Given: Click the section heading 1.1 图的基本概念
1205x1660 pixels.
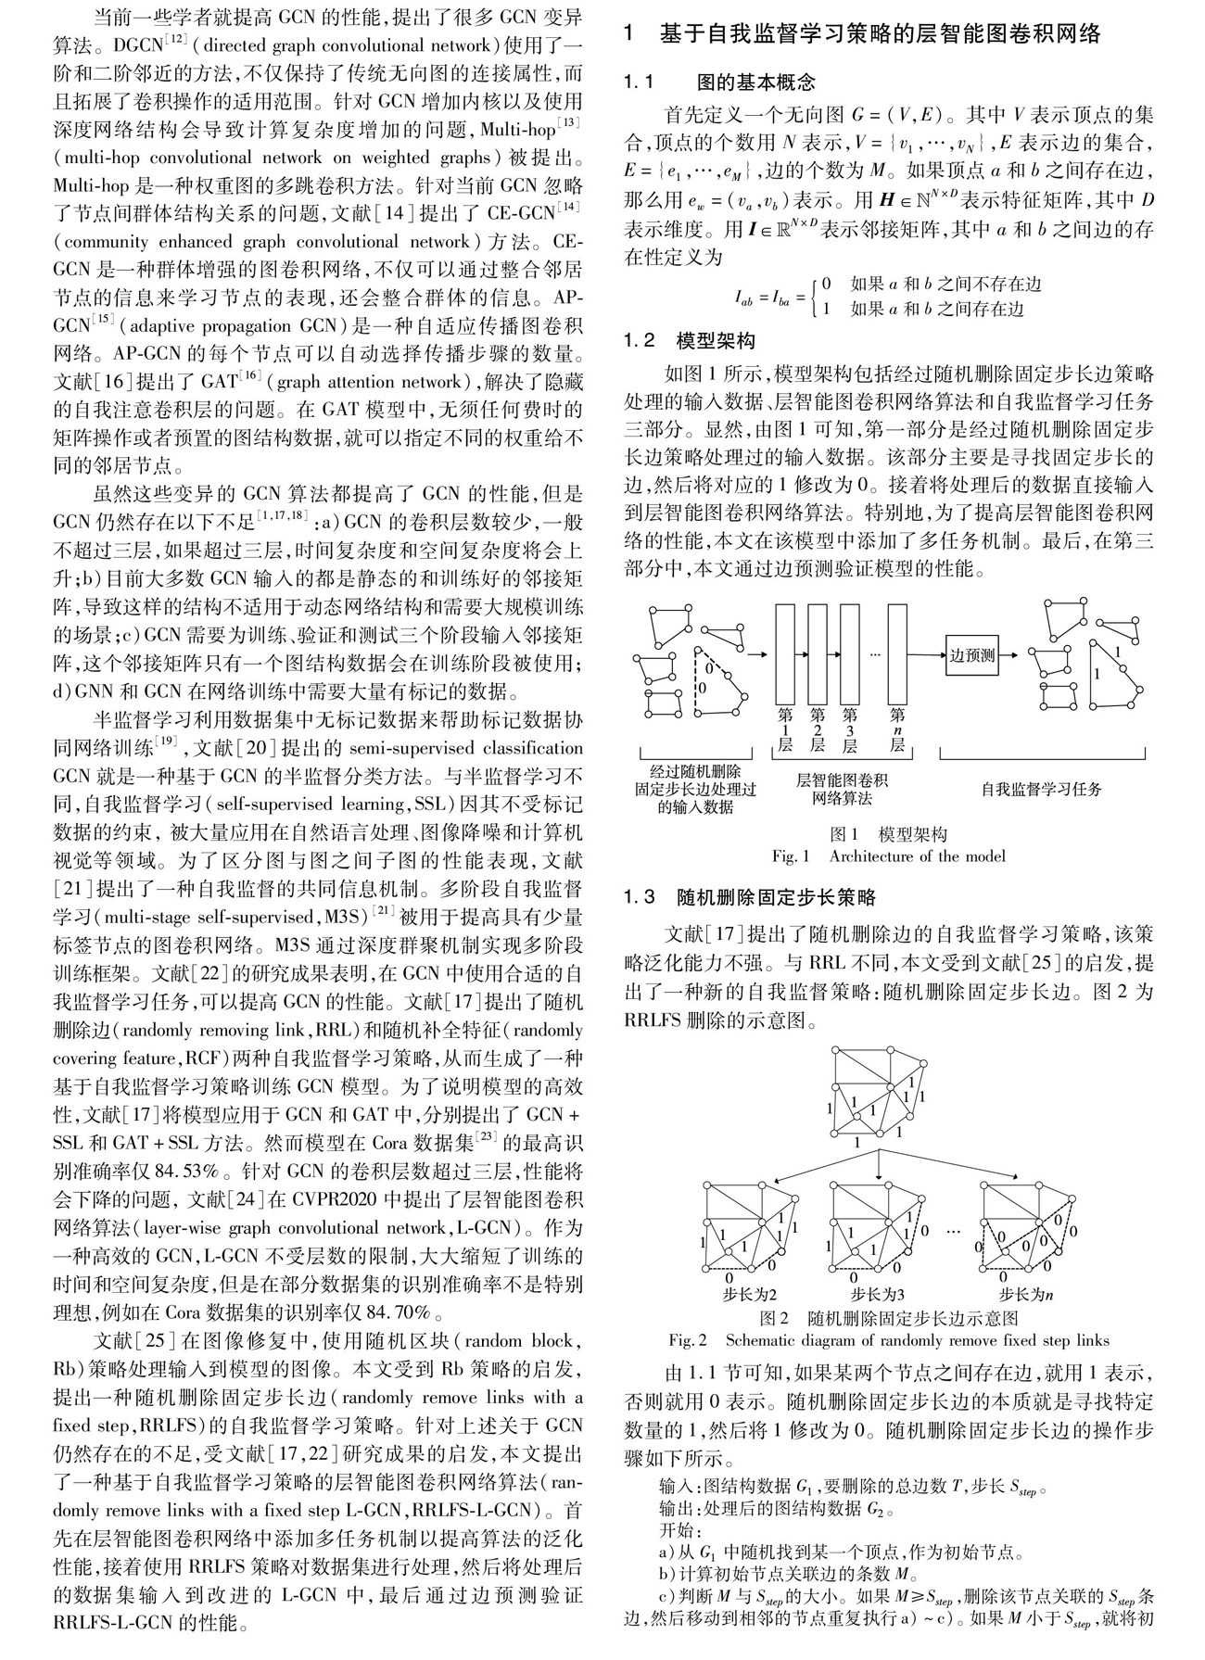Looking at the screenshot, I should coord(719,83).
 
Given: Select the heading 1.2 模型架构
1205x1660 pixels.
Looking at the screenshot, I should coord(691,340).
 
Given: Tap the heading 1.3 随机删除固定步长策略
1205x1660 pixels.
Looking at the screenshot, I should coord(750,896).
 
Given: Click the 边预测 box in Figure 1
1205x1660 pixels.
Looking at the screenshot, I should coord(971,655).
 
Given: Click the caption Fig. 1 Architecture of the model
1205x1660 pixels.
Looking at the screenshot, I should coord(888,855).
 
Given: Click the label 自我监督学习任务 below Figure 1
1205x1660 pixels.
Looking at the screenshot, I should coord(1042,789).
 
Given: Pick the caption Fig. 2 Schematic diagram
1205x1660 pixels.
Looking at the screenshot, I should coord(888,1340).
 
